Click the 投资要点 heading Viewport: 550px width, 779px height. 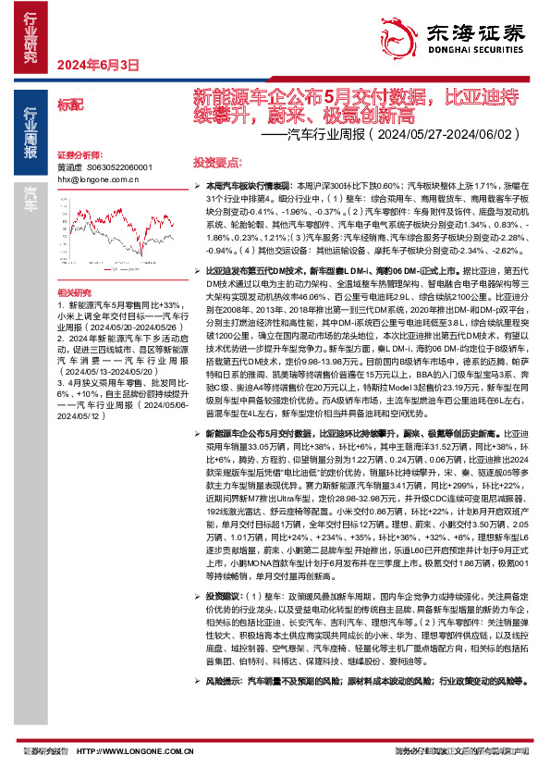[x=214, y=160]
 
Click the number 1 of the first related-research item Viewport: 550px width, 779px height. [x=60, y=304]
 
